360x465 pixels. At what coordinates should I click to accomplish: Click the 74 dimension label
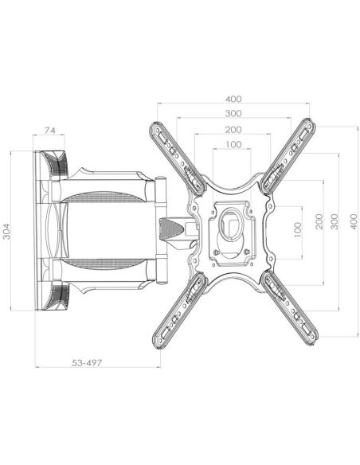(x=50, y=131)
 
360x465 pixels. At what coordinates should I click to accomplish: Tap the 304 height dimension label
(x=6, y=232)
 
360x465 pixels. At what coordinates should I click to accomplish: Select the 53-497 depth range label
(x=87, y=363)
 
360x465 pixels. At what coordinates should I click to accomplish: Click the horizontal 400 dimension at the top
(x=233, y=99)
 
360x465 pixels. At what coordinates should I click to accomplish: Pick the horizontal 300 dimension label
(x=233, y=113)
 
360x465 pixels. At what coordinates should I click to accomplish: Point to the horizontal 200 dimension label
(x=233, y=130)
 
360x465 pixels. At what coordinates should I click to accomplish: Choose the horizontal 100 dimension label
(x=233, y=144)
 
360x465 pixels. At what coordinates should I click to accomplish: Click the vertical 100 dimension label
(x=297, y=229)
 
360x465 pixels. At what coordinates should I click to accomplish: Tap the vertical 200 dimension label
(x=319, y=221)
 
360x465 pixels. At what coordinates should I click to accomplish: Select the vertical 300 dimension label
(x=335, y=221)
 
